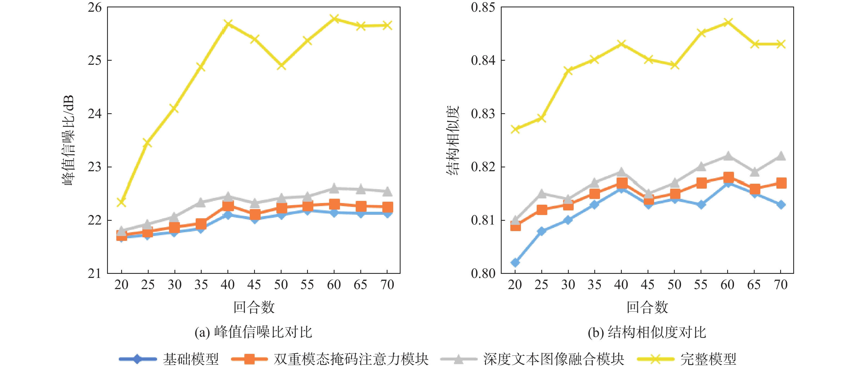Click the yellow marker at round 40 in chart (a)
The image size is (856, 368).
pos(228,24)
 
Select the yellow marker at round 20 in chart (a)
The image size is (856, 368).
pos(121,202)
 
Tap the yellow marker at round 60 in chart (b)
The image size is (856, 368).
pos(728,22)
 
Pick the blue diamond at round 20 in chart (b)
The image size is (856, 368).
pos(515,262)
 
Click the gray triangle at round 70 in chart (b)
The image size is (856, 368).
pos(781,156)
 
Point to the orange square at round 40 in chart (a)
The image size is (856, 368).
pos(228,205)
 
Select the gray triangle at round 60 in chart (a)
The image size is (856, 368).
pos(334,188)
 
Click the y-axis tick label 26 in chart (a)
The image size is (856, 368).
pos(95,7)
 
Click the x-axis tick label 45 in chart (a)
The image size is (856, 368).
pos(254,285)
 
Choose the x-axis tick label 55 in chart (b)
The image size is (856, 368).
pos(701,285)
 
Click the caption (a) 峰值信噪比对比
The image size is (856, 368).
pos(254,332)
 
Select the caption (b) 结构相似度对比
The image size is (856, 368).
pos(647,332)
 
